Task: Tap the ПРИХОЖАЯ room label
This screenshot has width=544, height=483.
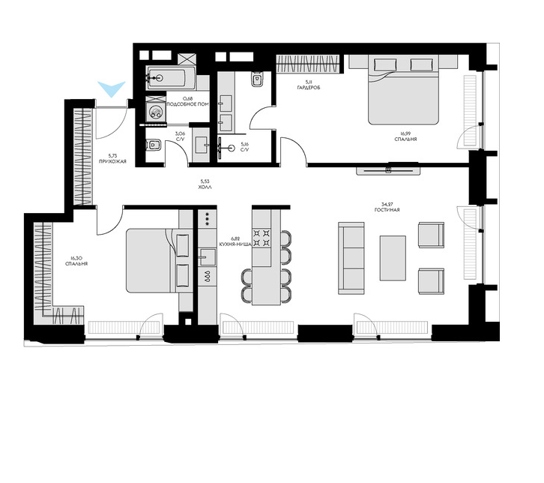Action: [x=112, y=161]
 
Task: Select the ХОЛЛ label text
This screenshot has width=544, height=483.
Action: [x=205, y=187]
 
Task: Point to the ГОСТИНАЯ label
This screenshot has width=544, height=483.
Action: [x=387, y=210]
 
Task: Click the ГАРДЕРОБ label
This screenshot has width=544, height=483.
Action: [x=309, y=88]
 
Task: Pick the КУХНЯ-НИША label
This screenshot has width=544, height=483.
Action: [x=235, y=244]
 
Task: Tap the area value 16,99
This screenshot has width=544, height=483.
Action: [x=405, y=133]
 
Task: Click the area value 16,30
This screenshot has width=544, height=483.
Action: [x=76, y=258]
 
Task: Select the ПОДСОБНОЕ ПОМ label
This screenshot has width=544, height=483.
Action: [x=187, y=104]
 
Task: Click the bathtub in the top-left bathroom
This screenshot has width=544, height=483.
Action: [x=171, y=79]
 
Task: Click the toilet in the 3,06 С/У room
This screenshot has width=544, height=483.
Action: [x=153, y=145]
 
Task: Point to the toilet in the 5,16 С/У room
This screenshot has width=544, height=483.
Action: [x=256, y=79]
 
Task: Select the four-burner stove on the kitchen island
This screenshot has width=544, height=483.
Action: [x=262, y=238]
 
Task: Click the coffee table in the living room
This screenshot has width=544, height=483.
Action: [x=393, y=258]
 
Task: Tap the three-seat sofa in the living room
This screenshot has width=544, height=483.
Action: [x=351, y=258]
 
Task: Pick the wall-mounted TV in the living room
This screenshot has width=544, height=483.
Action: [x=389, y=170]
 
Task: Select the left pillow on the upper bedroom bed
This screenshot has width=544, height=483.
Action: [x=385, y=64]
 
